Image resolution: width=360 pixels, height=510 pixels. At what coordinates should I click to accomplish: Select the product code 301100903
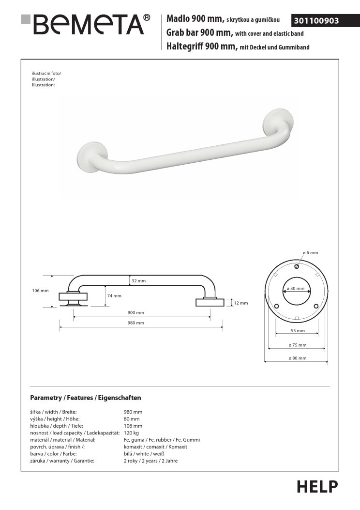click(x=315, y=21)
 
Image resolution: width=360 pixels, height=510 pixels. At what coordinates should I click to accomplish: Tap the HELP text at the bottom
click(x=317, y=486)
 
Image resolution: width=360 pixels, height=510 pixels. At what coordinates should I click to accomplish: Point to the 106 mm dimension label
click(x=41, y=291)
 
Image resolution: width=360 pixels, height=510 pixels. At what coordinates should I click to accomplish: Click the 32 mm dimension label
click(x=138, y=281)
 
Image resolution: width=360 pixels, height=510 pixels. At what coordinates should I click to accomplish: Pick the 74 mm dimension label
click(x=114, y=295)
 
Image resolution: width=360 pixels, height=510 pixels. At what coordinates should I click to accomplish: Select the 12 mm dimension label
click(x=240, y=303)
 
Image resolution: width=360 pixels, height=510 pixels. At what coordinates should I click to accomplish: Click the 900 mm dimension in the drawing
click(x=136, y=313)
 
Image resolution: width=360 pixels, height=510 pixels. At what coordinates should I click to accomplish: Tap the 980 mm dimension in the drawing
click(x=136, y=323)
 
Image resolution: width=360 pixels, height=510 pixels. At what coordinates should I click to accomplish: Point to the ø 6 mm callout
click(x=310, y=253)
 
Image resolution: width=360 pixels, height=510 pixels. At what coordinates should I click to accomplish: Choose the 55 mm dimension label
click(x=298, y=331)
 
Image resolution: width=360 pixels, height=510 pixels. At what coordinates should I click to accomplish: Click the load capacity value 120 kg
click(x=131, y=433)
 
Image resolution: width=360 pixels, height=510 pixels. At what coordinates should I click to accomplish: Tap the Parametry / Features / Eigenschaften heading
click(x=85, y=398)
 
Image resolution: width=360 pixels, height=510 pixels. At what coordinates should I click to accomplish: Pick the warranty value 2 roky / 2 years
click(x=150, y=461)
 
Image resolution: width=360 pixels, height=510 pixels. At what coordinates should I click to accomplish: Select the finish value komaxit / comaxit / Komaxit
click(x=155, y=447)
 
